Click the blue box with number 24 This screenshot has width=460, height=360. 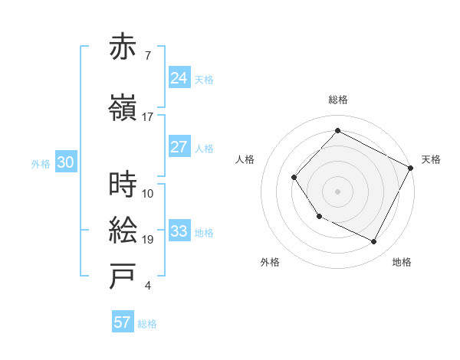pos(179,77)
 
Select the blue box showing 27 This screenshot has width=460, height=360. pos(179,147)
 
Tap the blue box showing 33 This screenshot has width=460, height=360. pos(179,231)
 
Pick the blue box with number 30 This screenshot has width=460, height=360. pos(65,162)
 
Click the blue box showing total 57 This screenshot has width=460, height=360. pos(123,322)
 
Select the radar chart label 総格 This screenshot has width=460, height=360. pos(337,100)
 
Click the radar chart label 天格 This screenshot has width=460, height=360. pos(431,159)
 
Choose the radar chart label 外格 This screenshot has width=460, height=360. pos(270,262)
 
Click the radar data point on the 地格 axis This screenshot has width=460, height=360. pos(374,242)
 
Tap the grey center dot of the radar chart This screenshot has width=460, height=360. pos(337,191)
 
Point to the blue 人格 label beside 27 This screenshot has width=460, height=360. pos(204,149)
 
